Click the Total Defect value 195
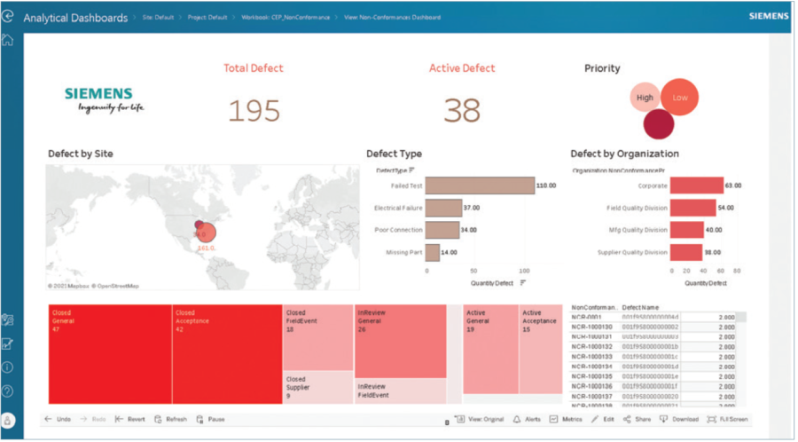pyautogui.click(x=254, y=110)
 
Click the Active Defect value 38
pyautogui.click(x=461, y=110)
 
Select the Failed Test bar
pyautogui.click(x=480, y=185)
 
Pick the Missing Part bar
pyautogui.click(x=432, y=252)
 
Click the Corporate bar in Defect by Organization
pyautogui.click(x=696, y=185)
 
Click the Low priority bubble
pyautogui.click(x=679, y=98)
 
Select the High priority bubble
pyautogui.click(x=645, y=99)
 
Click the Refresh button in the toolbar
pyautogui.click(x=170, y=419)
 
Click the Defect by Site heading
pyautogui.click(x=80, y=154)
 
